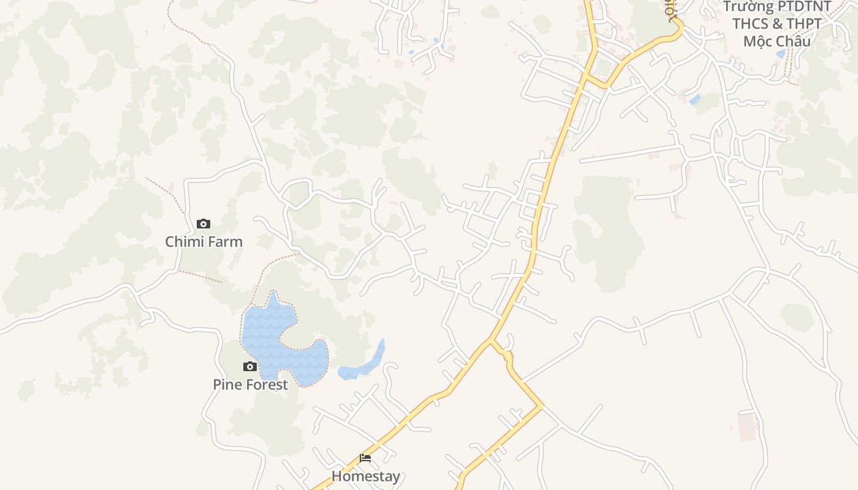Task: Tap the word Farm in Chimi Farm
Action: pyautogui.click(x=226, y=242)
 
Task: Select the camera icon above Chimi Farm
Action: pyautogui.click(x=203, y=224)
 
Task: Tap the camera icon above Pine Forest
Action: pyautogui.click(x=250, y=367)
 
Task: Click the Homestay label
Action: pyautogui.click(x=366, y=476)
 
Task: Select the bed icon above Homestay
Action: pyautogui.click(x=365, y=458)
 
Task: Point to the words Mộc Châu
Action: pyautogui.click(x=776, y=42)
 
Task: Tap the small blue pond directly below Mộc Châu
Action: pyautogui.click(x=780, y=54)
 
